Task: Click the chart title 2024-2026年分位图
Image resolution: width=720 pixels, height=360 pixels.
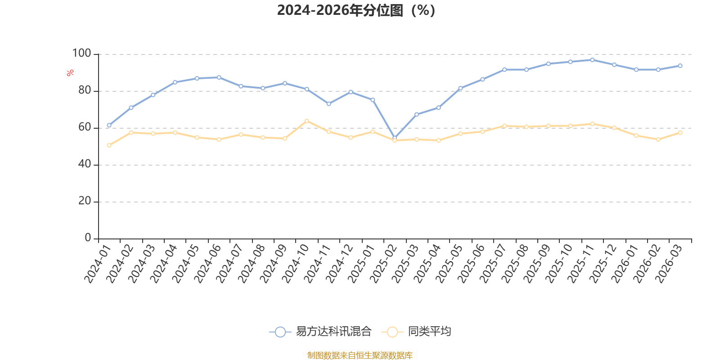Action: coord(356,10)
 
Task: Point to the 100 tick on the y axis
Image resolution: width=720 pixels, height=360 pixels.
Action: coord(82,54)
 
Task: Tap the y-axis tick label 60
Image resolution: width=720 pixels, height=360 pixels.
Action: coord(85,127)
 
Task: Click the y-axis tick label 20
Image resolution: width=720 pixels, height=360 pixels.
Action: coord(85,201)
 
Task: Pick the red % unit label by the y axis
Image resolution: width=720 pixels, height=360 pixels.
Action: coord(70,73)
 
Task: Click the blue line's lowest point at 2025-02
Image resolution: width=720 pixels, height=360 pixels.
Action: coord(395,138)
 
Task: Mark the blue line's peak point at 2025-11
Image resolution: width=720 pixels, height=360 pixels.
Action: coord(592,60)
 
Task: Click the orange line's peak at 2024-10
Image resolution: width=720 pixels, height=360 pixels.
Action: coord(307,121)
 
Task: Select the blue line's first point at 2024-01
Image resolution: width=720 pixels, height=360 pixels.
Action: coord(109,126)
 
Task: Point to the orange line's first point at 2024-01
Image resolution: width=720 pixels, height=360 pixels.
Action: coord(109,145)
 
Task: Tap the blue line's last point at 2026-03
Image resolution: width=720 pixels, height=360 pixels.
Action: coord(680,66)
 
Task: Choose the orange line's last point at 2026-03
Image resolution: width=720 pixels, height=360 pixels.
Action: coord(680,133)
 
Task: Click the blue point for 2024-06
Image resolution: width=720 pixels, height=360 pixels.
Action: coord(219,77)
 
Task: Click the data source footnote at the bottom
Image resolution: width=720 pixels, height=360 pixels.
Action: coord(360,355)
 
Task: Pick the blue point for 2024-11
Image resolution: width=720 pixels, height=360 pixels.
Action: coord(328,104)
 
